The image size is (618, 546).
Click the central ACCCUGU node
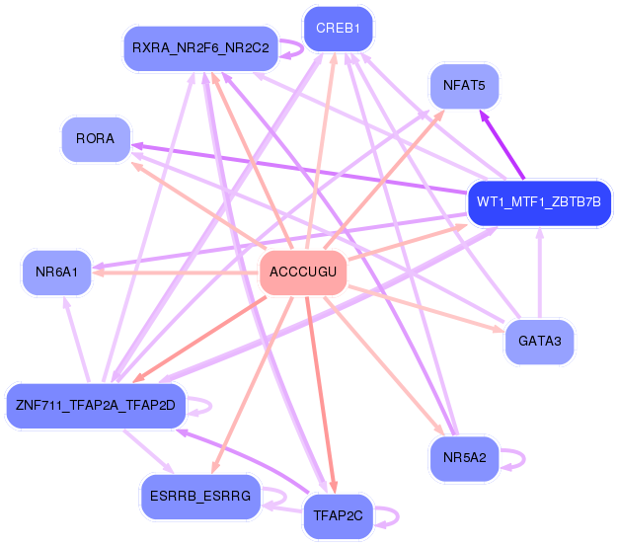303,272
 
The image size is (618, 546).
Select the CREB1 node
338,29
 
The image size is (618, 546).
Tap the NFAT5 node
463,86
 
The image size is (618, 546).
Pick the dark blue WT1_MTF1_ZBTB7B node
538,202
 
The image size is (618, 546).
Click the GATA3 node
539,343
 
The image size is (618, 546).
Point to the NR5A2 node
464,457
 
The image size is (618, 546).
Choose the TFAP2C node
337,515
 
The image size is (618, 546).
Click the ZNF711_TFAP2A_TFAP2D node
95,405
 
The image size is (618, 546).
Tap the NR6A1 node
57,271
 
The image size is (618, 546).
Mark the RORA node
95,139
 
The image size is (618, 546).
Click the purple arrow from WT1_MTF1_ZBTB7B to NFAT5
502,145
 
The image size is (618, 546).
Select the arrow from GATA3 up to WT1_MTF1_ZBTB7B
539,276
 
